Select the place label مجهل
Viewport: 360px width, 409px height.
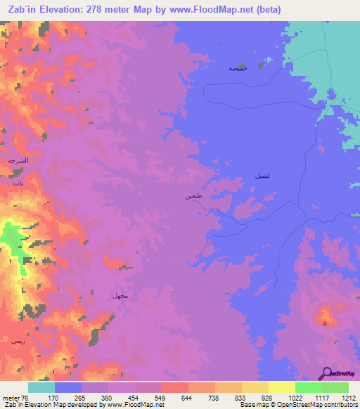pyautogui.click(x=120, y=295)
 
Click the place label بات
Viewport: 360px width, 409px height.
pyautogui.click(x=17, y=182)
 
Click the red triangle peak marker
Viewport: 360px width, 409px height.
pyautogui.click(x=324, y=323)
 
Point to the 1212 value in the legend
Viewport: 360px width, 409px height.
pyautogui.click(x=349, y=397)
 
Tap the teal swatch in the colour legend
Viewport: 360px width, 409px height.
pyautogui.click(x=41, y=387)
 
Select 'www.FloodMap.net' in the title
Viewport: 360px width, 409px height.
pyautogui.click(x=210, y=9)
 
